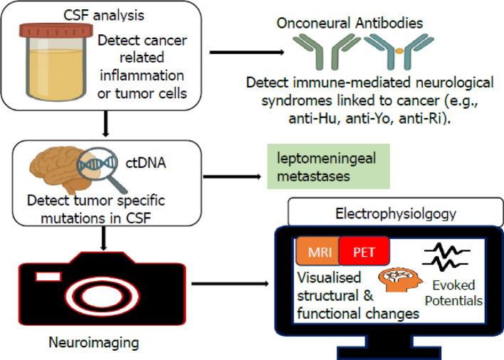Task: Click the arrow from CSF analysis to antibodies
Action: point(243,53)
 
